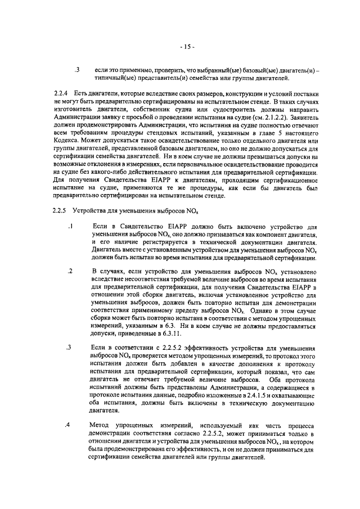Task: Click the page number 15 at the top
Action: coord(188,46)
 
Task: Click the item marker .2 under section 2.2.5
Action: coord(70,271)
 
